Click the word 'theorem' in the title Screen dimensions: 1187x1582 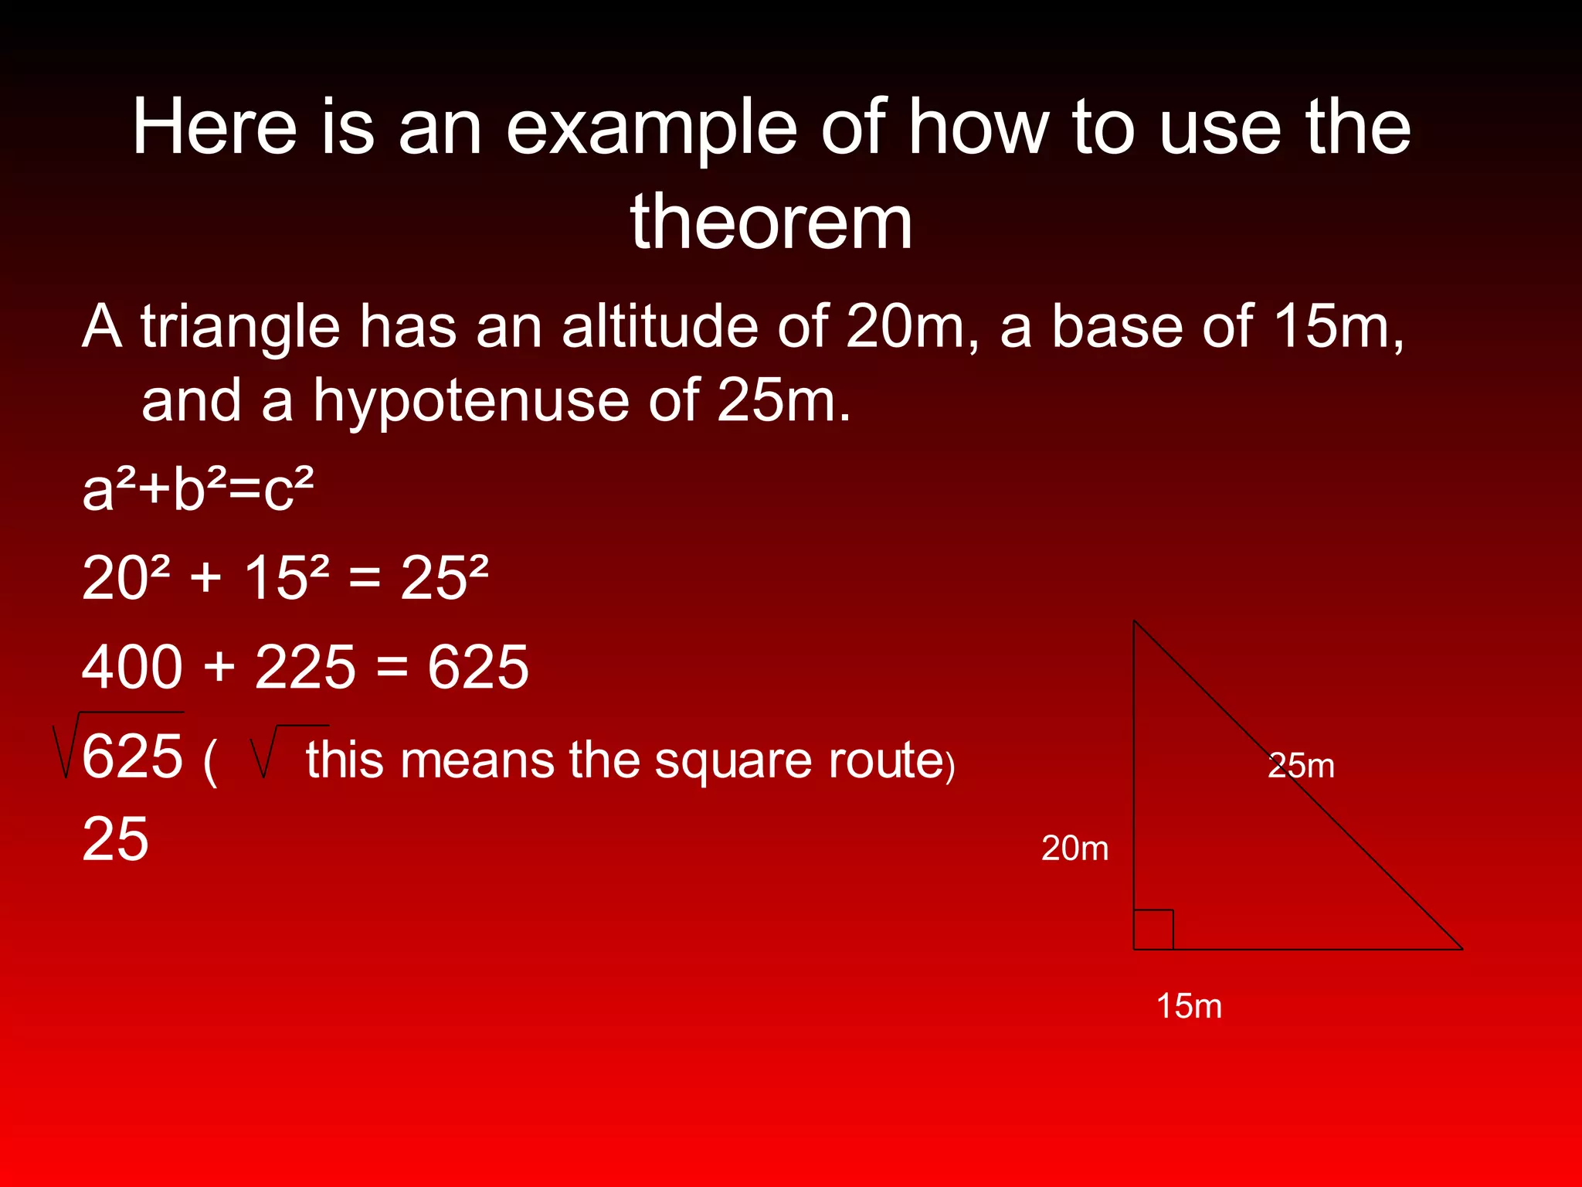click(x=771, y=223)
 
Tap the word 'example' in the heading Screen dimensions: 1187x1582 click(x=651, y=129)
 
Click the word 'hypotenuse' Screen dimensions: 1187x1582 click(x=471, y=402)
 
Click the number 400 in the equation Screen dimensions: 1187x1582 click(x=132, y=667)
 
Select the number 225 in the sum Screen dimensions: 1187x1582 click(x=305, y=667)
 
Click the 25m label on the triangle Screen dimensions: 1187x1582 click(x=1301, y=766)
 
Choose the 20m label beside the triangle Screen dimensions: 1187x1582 click(x=1074, y=849)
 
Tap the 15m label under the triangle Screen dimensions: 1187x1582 click(x=1189, y=1006)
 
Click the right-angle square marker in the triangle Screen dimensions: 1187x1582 click(x=1153, y=930)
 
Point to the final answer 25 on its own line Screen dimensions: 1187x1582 click(x=115, y=839)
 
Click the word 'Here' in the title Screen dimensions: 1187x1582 click(x=215, y=128)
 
